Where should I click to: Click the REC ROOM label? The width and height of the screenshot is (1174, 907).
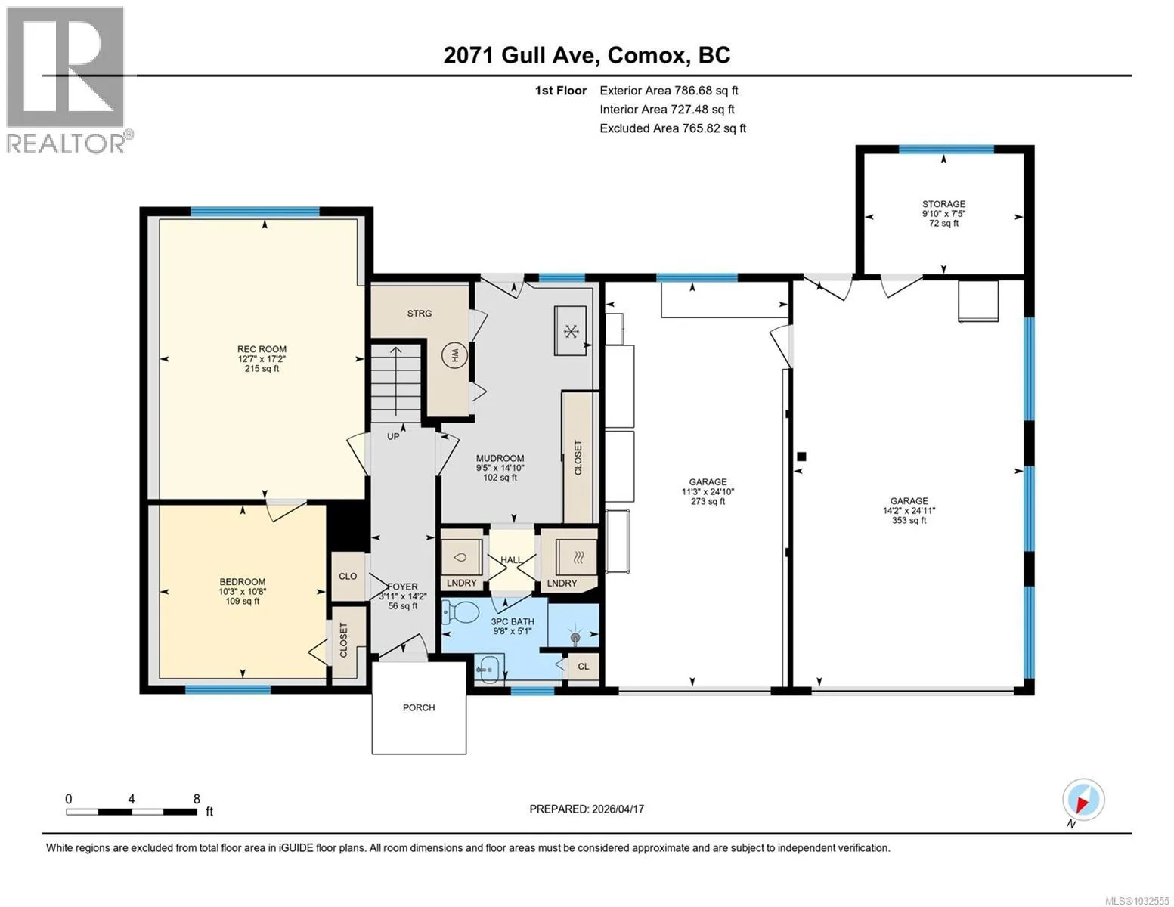(x=262, y=349)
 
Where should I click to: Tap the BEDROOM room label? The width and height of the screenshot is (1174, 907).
(x=242, y=582)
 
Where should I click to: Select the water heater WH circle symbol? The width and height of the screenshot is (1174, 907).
(x=454, y=355)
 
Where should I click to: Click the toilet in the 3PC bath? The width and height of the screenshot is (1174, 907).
(x=461, y=612)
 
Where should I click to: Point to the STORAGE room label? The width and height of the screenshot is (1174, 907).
(x=943, y=203)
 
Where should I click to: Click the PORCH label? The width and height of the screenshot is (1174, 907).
(x=419, y=707)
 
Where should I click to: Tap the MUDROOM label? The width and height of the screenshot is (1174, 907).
(x=500, y=458)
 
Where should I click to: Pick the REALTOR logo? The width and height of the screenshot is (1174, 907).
(x=65, y=80)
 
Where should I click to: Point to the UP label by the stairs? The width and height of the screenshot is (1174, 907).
(x=393, y=436)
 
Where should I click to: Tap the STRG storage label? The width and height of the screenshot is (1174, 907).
(x=420, y=314)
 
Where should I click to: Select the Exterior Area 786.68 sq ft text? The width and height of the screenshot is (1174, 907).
(x=669, y=91)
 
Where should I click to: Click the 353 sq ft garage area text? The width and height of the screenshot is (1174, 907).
(x=909, y=520)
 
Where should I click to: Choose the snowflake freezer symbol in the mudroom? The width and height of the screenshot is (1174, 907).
(x=571, y=330)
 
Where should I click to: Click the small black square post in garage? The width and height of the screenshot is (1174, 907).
(x=802, y=457)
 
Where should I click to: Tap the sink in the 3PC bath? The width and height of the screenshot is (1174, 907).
(x=490, y=668)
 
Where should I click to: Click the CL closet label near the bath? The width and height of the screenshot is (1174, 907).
(x=584, y=667)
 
